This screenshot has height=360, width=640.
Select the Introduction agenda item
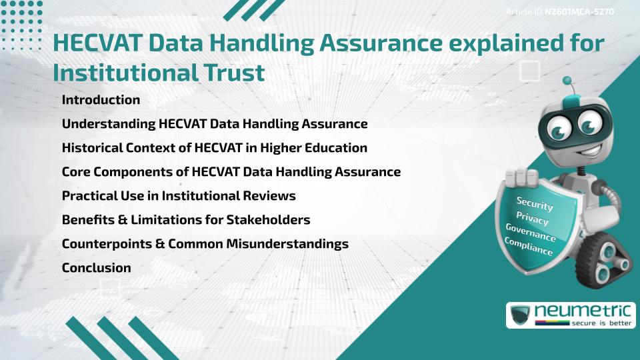(101, 100)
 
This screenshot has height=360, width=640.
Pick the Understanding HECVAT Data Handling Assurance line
(215, 124)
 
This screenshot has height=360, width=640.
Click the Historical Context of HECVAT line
(215, 148)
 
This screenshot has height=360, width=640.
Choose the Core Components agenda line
(231, 172)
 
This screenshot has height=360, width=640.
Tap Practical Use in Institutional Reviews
(179, 196)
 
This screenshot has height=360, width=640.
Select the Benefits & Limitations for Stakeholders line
(186, 220)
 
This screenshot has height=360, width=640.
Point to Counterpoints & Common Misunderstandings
(205, 244)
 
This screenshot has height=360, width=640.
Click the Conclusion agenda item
(97, 268)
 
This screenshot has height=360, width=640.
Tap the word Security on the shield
(534, 205)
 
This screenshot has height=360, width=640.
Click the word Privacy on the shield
(532, 219)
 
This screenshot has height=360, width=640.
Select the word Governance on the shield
(531, 233)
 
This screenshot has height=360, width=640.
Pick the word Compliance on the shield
(529, 247)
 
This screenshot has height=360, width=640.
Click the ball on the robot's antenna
(567, 81)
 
